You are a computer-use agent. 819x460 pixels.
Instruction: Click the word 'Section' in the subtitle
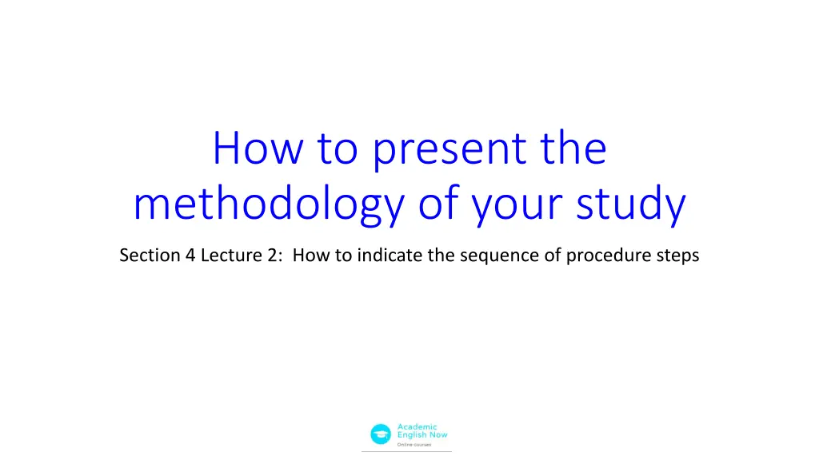point(145,256)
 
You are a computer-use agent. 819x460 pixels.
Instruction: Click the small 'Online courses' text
point(414,445)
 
